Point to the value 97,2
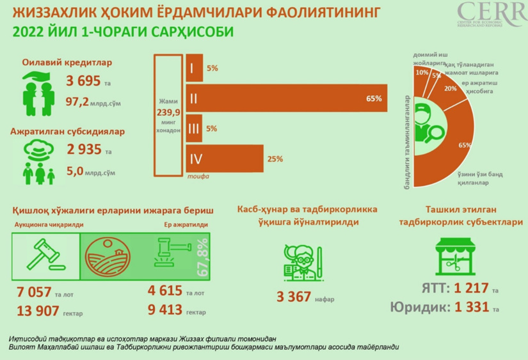tap(79, 100)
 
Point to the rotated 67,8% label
tap(203, 257)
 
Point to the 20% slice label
tap(450, 89)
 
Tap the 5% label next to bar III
tap(211, 129)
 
